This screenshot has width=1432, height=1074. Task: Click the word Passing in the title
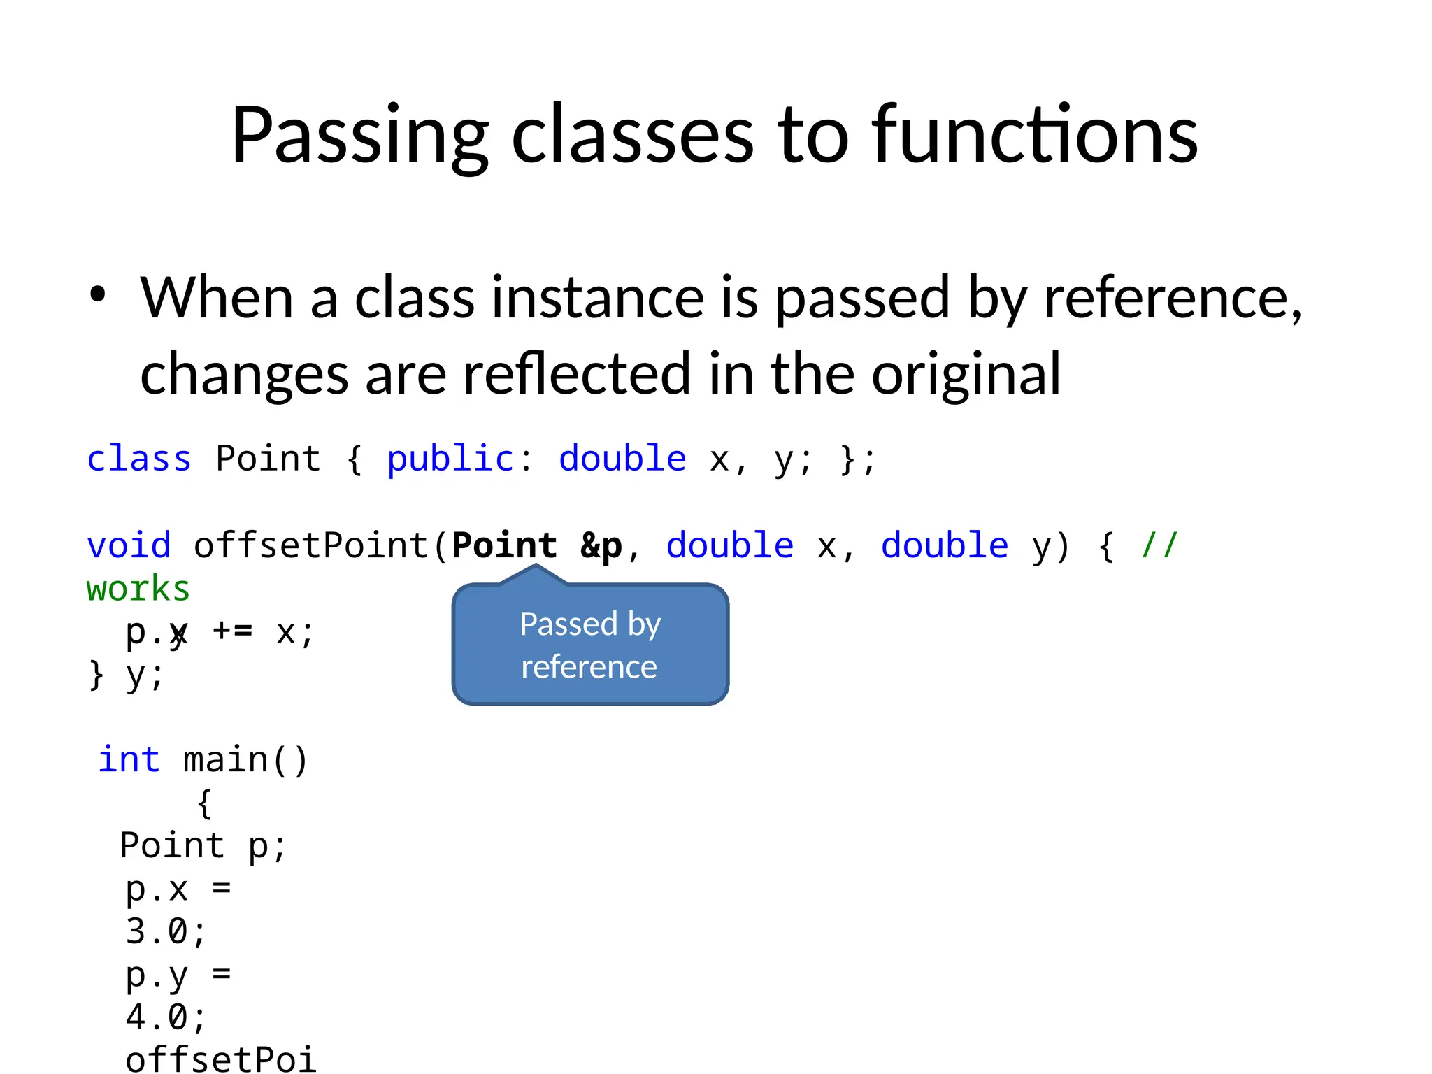359,136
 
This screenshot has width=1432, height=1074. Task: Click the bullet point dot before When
98,295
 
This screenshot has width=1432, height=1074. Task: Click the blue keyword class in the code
138,459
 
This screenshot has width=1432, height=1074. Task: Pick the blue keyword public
450,459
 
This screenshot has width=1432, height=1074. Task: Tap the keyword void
129,545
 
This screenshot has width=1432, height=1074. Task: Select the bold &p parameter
601,545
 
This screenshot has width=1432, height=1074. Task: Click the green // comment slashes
1159,545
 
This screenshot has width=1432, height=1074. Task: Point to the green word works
138,589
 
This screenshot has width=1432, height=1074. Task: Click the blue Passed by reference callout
590,645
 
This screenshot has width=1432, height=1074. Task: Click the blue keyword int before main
129,759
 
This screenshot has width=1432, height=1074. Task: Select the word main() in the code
245,760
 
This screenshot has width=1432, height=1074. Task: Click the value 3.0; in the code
166,931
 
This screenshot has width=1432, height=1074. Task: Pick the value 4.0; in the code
166,1017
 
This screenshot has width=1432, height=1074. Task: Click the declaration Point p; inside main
203,846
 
